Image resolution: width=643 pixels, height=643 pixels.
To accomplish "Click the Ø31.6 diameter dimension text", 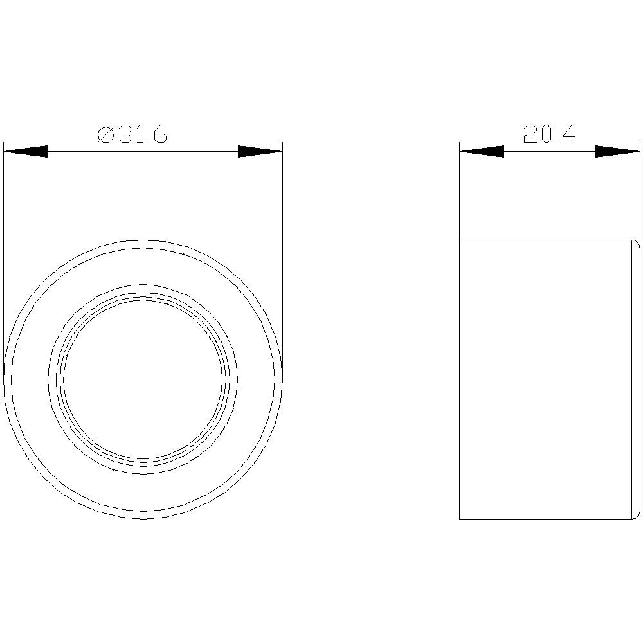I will point(132,135).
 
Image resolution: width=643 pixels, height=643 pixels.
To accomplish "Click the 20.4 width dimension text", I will point(548,134).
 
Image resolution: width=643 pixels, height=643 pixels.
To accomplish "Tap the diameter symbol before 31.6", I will point(105,136).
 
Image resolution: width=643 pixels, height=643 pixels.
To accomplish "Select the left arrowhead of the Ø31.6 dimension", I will point(26,152).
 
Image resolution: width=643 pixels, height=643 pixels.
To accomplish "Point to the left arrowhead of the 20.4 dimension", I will point(482,152).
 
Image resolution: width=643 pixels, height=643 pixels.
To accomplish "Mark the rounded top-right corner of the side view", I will point(637,244).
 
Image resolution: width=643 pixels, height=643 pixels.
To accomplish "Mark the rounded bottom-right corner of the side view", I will point(637,515).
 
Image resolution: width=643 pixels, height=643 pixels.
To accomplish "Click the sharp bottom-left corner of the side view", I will point(460,519).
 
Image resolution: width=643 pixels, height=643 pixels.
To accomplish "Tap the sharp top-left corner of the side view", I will point(460,240).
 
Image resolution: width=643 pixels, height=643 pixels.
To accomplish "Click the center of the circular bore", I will point(143,379).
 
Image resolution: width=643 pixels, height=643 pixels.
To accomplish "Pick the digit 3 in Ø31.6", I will point(123,135).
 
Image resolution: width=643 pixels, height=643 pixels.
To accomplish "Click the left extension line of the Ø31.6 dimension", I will point(4,257).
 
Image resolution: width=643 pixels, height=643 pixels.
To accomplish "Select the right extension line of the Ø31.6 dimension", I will point(282,257).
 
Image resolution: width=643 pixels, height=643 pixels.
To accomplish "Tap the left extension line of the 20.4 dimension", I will point(460,193).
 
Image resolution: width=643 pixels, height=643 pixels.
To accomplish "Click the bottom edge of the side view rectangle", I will point(547,519).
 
